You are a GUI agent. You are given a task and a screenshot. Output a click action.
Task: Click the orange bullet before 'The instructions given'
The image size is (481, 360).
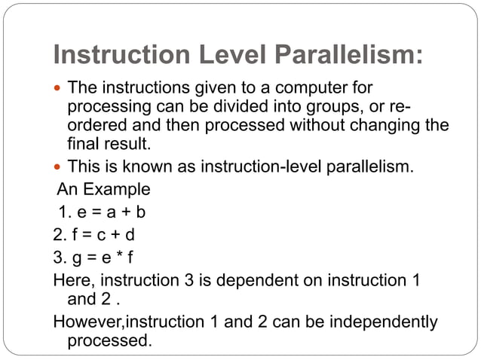point(58,88)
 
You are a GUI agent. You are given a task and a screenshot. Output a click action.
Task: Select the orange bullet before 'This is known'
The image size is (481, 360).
point(58,166)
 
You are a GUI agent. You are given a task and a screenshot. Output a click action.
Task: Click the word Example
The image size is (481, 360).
point(121,189)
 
